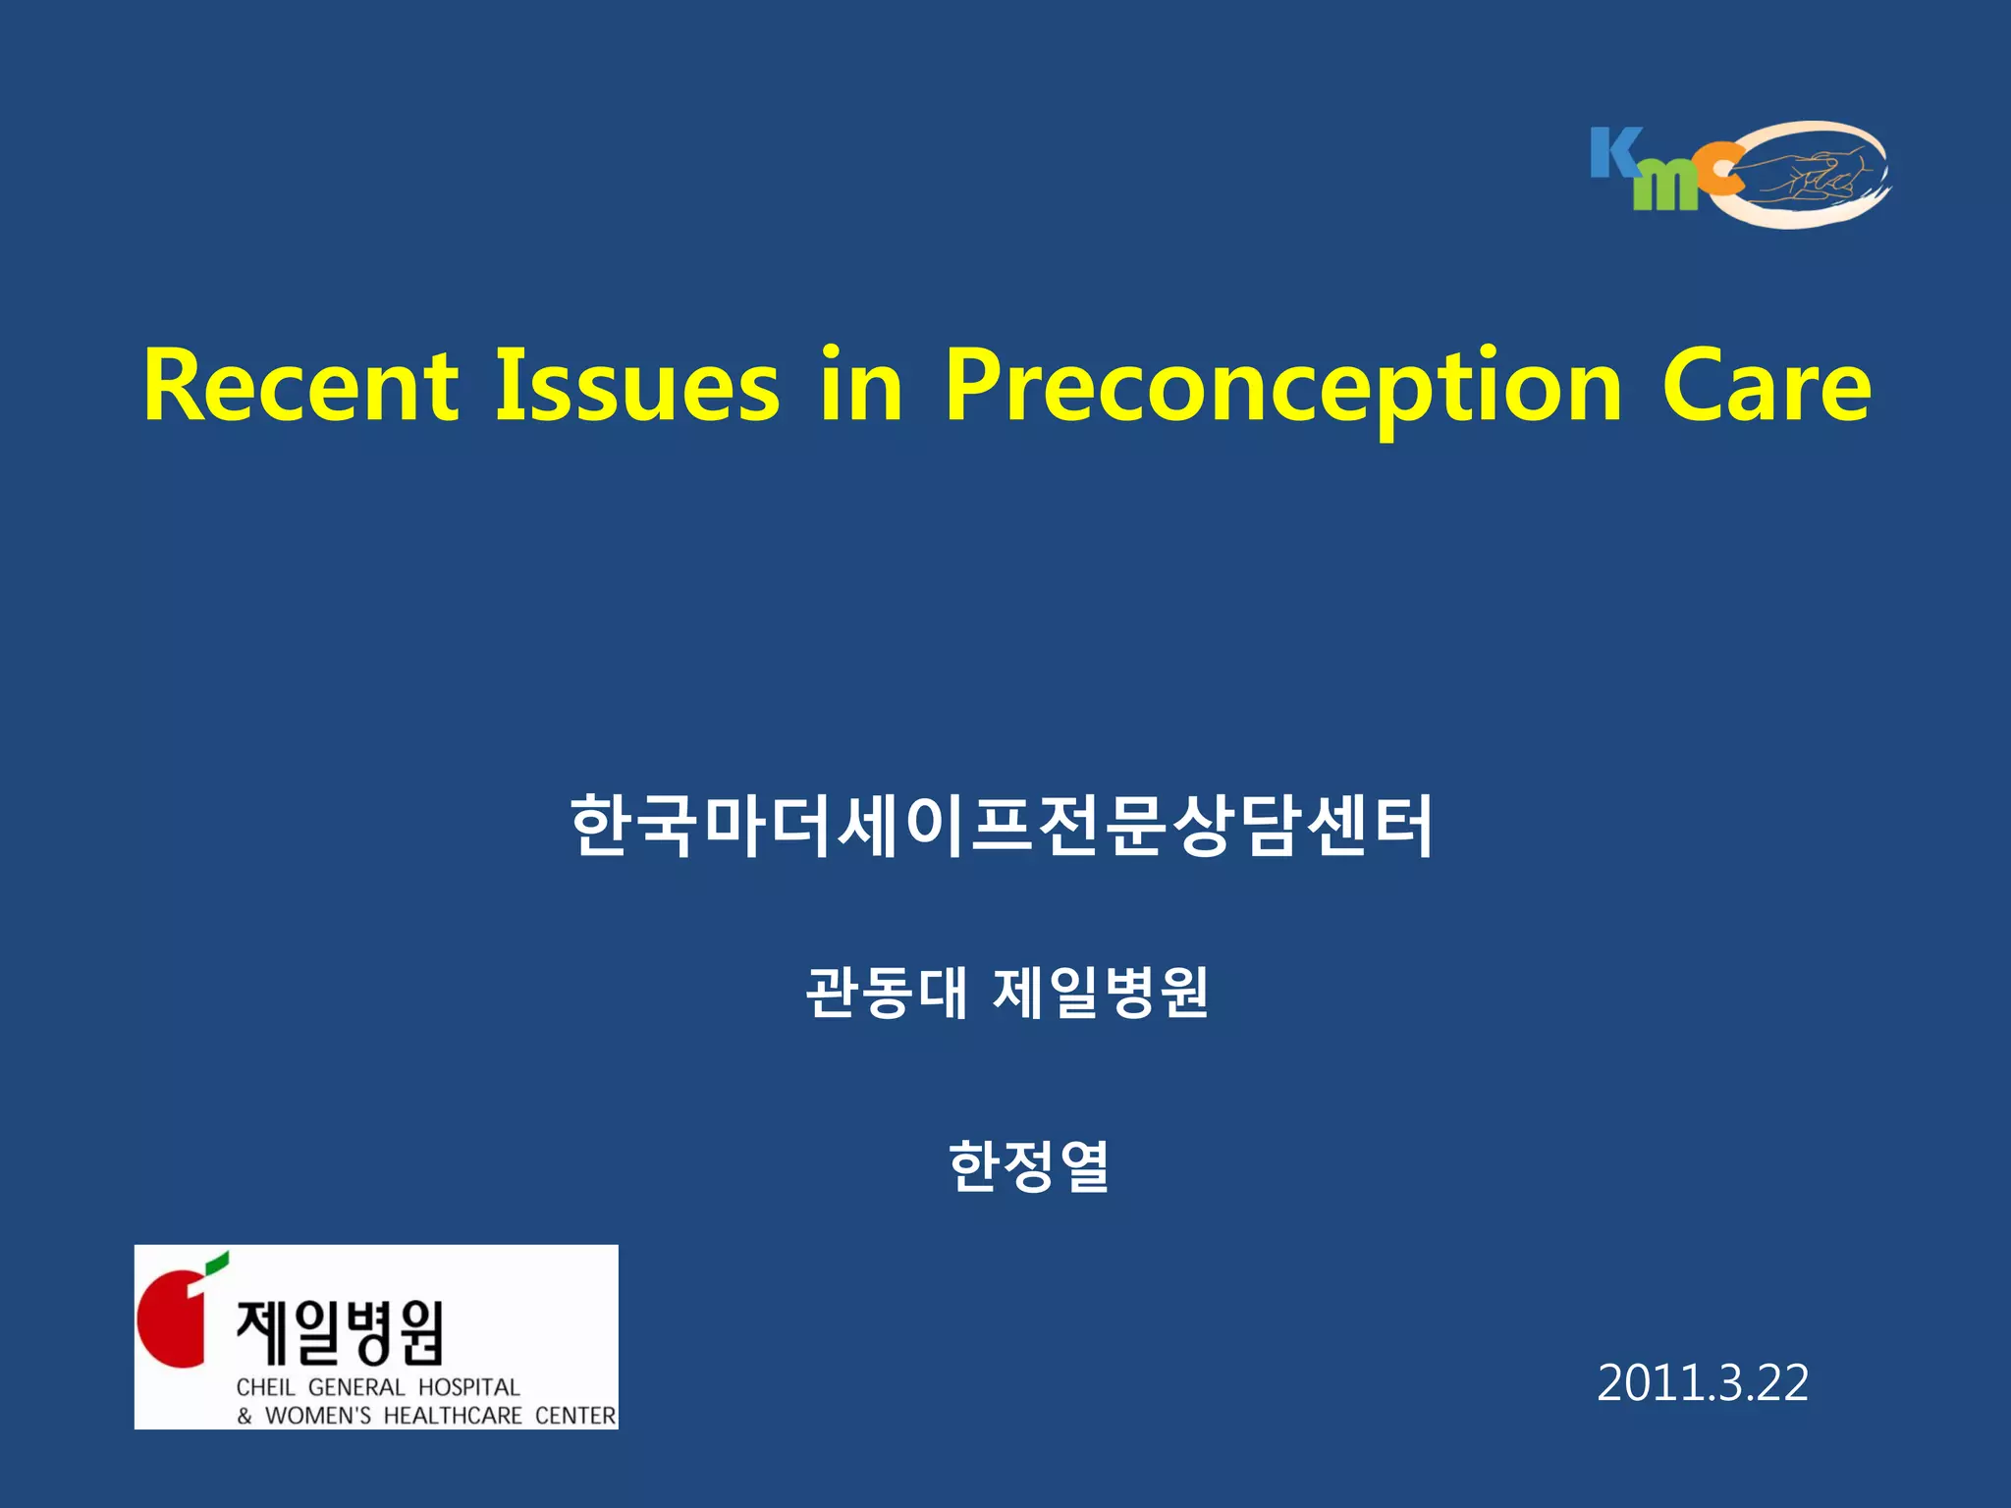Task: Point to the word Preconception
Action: (1283, 393)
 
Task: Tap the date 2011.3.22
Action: (1703, 1382)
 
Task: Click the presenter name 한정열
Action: (1028, 1165)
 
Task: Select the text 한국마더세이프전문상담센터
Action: (1002, 826)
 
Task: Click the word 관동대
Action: (887, 993)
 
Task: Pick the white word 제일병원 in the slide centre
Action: (1101, 993)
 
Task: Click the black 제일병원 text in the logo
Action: (340, 1332)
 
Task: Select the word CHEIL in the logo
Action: (265, 1387)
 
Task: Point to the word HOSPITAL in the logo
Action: (468, 1387)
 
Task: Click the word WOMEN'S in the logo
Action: (318, 1416)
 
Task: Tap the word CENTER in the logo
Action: (575, 1416)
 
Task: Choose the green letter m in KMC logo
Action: (1665, 186)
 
